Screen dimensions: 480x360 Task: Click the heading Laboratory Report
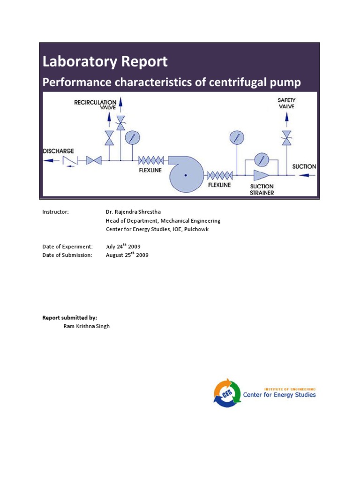(105, 61)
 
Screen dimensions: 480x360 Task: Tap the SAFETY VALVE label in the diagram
(286, 103)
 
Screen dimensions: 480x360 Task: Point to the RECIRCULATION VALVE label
(95, 104)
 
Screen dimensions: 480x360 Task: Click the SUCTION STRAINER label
(262, 189)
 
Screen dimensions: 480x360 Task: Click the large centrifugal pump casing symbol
(186, 174)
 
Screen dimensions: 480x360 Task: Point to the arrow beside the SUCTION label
(304, 175)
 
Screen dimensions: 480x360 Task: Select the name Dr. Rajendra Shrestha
(135, 212)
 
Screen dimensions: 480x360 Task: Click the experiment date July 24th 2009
(123, 246)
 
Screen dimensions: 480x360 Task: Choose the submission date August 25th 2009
(127, 255)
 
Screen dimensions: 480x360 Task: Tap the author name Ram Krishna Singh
(87, 326)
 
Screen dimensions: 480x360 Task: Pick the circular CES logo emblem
(227, 392)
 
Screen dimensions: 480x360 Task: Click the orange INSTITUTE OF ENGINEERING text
(290, 389)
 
